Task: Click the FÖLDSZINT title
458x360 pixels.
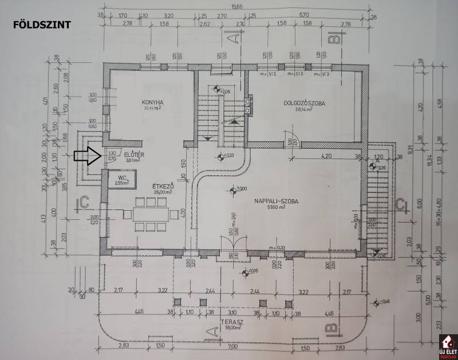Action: [41, 25]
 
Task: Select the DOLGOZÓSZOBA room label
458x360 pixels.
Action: [304, 104]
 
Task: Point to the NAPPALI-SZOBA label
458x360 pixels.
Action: [279, 201]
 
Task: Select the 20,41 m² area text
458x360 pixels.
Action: [152, 108]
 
